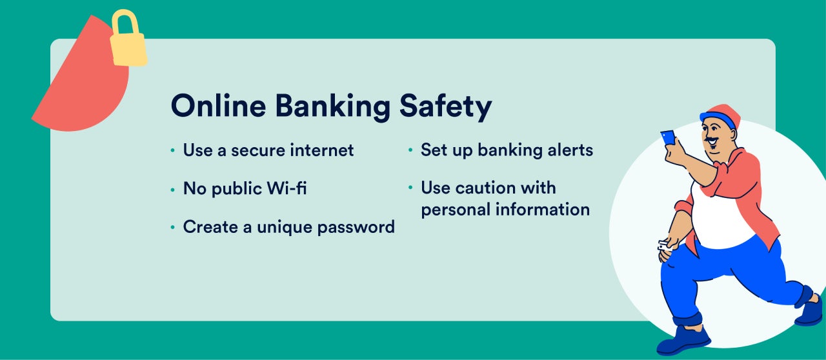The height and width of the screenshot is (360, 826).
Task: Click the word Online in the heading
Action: tap(218, 106)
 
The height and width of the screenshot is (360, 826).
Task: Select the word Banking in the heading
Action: tap(332, 107)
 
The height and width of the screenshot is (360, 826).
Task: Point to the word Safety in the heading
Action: tap(445, 107)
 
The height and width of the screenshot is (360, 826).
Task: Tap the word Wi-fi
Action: tap(287, 188)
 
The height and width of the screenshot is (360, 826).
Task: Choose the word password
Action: tap(356, 227)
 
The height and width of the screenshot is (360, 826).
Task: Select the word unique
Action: tap(285, 227)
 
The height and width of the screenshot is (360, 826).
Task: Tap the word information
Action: tap(543, 210)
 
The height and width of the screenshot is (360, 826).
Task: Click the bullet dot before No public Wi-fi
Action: tap(172, 190)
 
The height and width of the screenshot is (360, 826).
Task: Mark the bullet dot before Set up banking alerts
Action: tap(410, 150)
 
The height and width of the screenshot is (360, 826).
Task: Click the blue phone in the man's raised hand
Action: tap(668, 138)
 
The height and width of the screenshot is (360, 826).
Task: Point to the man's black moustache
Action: tap(712, 140)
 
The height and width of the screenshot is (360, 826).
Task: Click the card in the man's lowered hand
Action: tap(664, 246)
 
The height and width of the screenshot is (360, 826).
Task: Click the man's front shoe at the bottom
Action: tap(683, 341)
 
